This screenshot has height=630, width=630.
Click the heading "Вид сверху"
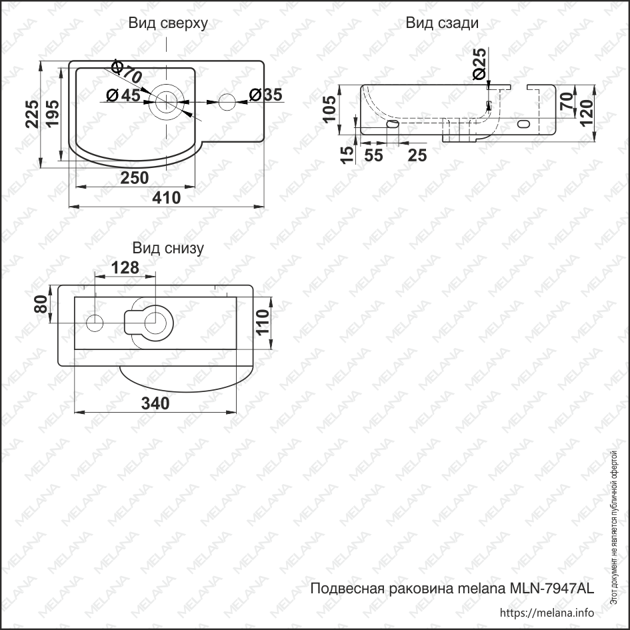[168, 23]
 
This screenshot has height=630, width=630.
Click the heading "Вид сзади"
[442, 23]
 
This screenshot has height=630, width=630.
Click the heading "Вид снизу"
[168, 249]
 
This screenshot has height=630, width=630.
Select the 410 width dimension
[167, 198]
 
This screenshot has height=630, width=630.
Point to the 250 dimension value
[134, 177]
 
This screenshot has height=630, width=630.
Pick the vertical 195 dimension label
[53, 114]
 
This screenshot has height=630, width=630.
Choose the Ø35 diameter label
[265, 95]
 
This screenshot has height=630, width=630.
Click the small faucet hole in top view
[227, 102]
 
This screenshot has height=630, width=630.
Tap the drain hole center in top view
[166, 102]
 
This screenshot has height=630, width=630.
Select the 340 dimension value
[155, 403]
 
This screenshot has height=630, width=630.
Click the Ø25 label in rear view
[479, 65]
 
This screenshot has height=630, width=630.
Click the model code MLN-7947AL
[551, 589]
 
